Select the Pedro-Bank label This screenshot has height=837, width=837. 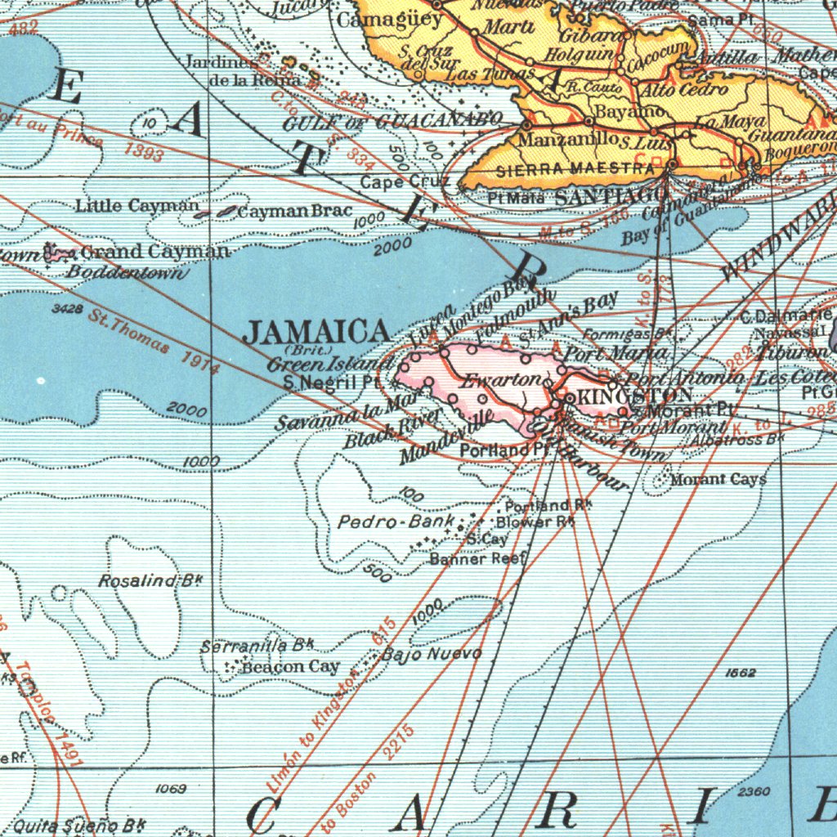pos(396,521)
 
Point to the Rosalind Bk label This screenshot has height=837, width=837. pos(150,581)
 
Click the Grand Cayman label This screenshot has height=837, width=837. pos(155,252)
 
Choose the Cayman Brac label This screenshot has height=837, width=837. pos(294,212)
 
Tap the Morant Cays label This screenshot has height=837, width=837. pos(718,480)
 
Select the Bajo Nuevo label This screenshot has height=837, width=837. pos(432,654)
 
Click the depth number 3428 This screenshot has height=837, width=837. pos(66,308)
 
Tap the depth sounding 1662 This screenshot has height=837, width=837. pos(740,672)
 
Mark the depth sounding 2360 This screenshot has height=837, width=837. pos(753,791)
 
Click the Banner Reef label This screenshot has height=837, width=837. pos(478,559)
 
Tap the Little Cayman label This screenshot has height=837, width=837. pos(137,206)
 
